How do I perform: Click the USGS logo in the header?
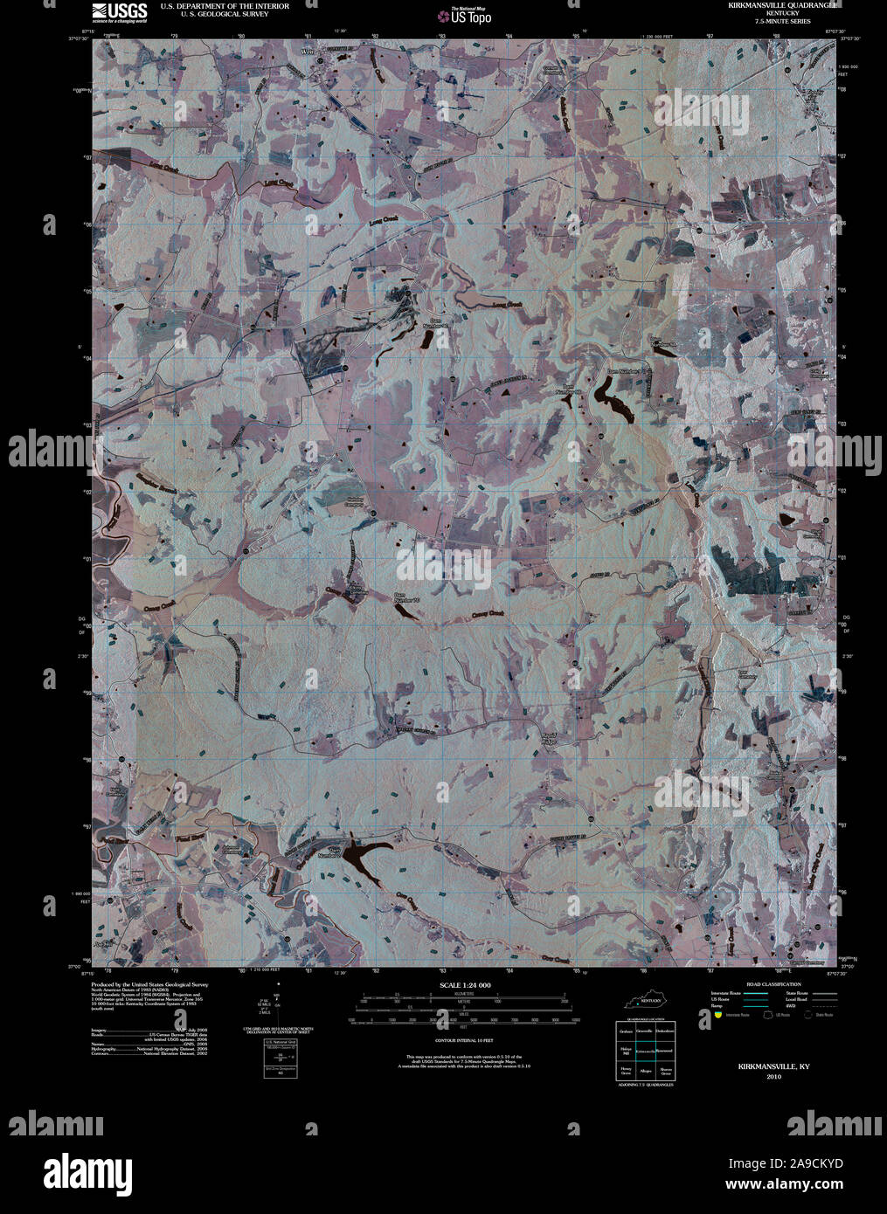(x=112, y=11)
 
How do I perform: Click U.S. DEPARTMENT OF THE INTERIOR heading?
(x=225, y=6)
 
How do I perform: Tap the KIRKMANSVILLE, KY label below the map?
(x=773, y=1066)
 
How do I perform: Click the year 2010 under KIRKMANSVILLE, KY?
(x=773, y=1077)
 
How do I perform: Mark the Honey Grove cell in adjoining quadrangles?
(x=626, y=1070)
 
